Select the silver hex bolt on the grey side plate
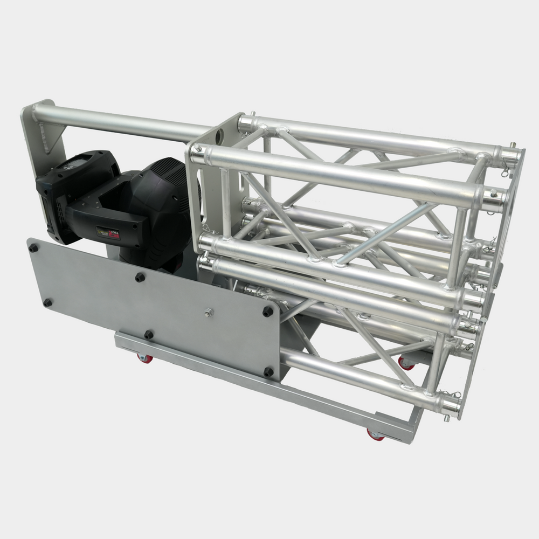tap(208, 311)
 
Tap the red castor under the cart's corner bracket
tap(375, 434)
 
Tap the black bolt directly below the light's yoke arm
tap(140, 277)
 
